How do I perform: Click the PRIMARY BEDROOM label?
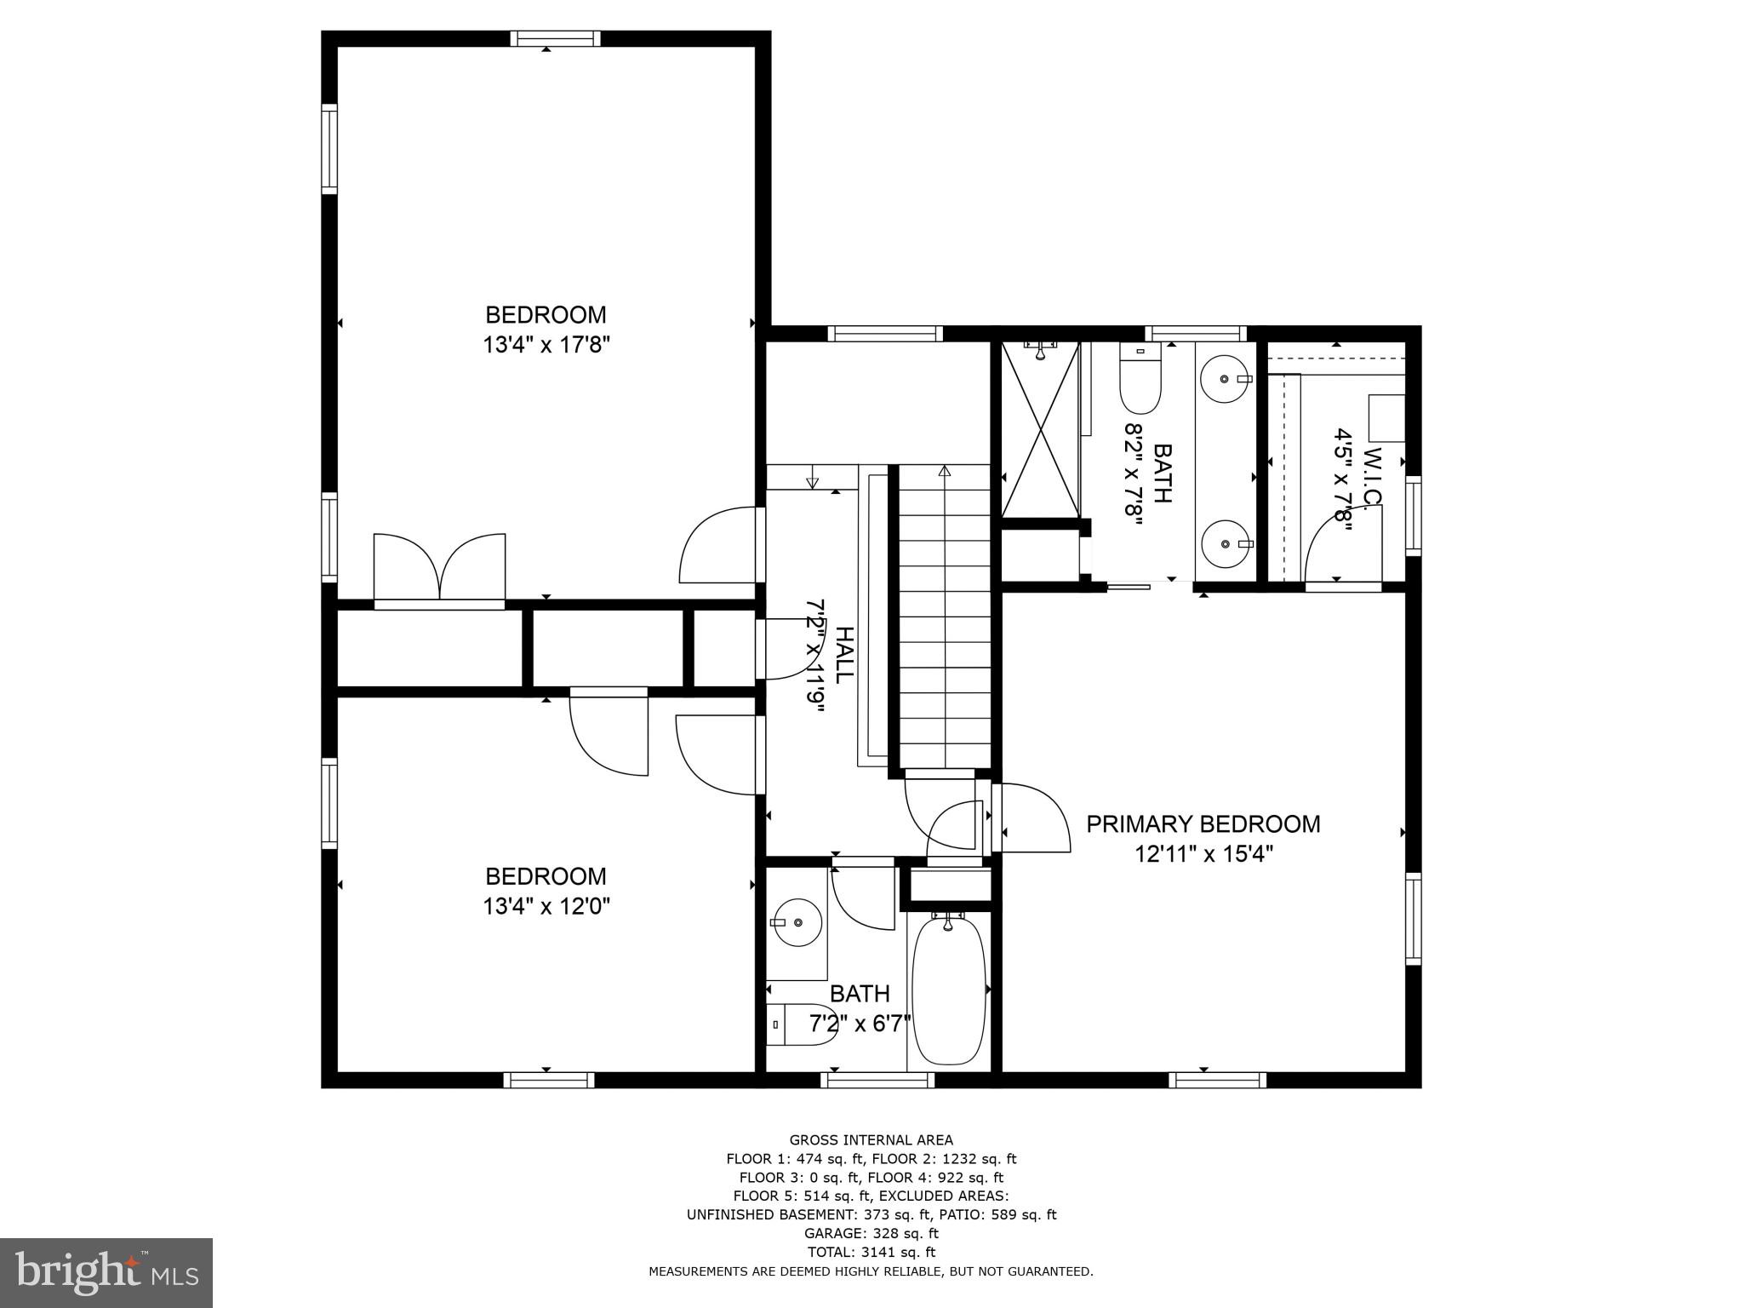tap(1203, 824)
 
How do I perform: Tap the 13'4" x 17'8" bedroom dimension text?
tap(546, 345)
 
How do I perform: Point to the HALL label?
tap(843, 655)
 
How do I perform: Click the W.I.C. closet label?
tap(1371, 478)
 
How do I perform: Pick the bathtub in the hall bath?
tap(949, 990)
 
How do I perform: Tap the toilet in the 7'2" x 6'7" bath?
tap(803, 1025)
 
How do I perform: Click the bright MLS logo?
tap(106, 1272)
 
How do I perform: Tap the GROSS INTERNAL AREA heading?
tap(871, 1140)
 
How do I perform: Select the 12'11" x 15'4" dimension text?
tap(1203, 854)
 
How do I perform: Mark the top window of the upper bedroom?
tap(556, 38)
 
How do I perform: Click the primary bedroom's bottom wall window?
tap(1217, 1081)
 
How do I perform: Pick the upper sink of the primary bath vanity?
tap(1223, 378)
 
